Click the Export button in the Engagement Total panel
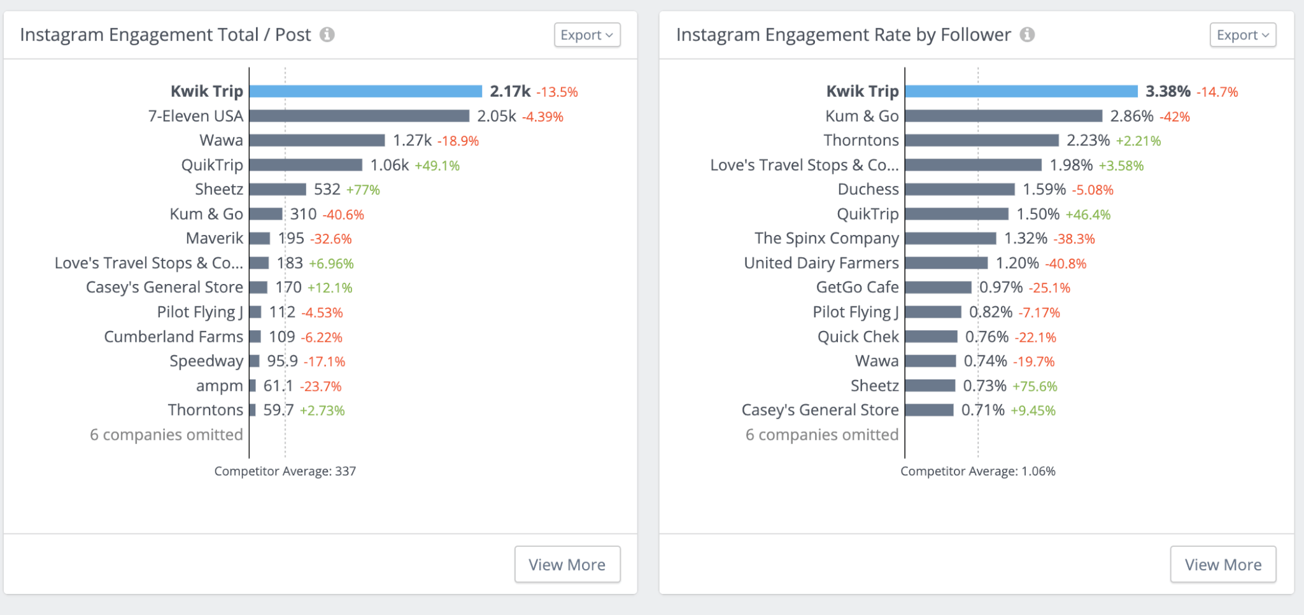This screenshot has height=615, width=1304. tap(586, 35)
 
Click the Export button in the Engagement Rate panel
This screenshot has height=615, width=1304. tap(1242, 35)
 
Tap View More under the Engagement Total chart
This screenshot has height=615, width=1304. tap(567, 564)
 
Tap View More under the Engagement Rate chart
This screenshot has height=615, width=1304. tap(1222, 564)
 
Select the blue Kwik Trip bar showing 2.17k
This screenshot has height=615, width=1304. tap(365, 92)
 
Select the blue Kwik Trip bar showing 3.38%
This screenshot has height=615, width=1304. tap(1021, 92)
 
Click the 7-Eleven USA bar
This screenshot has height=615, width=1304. tap(359, 116)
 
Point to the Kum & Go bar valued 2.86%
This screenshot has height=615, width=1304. tap(1003, 116)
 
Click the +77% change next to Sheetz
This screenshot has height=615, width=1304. tap(363, 190)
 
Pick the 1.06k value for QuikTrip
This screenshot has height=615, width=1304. tap(390, 166)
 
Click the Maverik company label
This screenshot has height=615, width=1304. tap(215, 239)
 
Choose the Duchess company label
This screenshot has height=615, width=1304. tap(868, 190)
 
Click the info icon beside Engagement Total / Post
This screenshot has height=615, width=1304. tap(327, 34)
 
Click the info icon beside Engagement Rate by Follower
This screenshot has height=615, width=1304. tap(1027, 34)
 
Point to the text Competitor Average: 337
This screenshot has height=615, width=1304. tap(285, 471)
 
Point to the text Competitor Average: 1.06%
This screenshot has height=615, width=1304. tap(977, 471)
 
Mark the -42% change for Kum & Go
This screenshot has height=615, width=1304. tap(1175, 117)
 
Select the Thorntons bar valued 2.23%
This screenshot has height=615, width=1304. tap(981, 141)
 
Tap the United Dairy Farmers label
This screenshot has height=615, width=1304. tap(821, 263)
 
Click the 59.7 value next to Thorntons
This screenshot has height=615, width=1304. tap(278, 410)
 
